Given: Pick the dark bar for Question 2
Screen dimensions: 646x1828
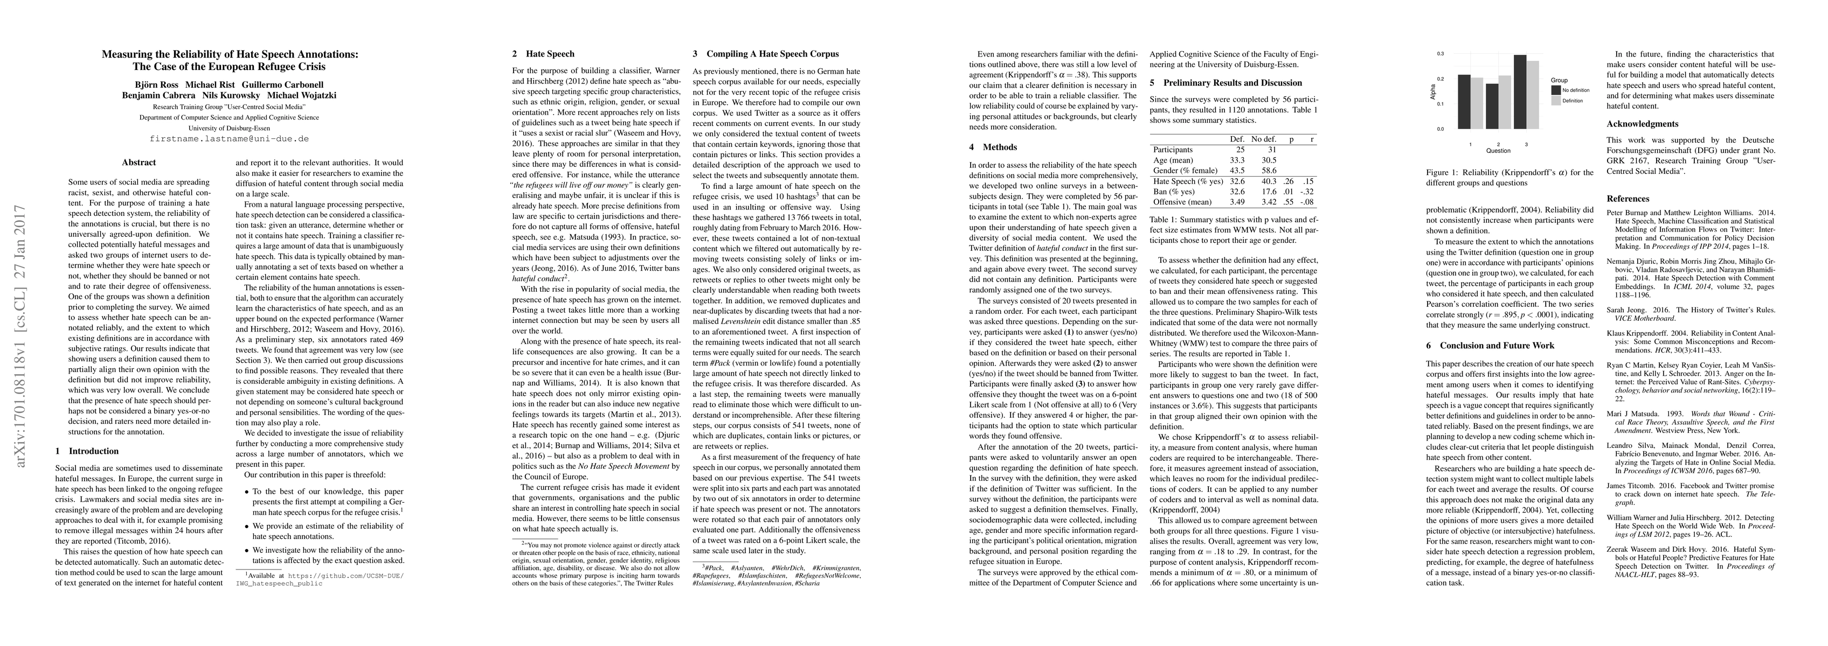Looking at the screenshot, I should click(x=1493, y=107).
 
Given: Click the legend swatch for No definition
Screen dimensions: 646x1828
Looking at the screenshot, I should click(x=1557, y=90).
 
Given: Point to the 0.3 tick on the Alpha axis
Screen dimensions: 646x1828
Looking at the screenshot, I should click(x=1440, y=54).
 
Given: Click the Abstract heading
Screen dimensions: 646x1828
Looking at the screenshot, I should click(x=139, y=163).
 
